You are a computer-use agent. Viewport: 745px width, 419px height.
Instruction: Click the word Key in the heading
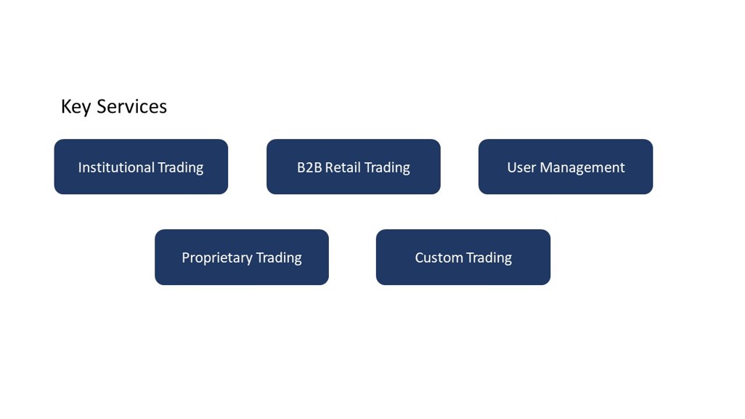coord(76,107)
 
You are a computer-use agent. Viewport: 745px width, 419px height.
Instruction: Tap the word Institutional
coord(116,167)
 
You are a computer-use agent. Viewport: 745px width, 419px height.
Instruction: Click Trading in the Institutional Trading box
coord(181,168)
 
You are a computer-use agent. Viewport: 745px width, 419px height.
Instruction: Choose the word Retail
coord(343,167)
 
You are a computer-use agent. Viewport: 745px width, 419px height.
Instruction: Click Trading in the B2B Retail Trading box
coord(387,168)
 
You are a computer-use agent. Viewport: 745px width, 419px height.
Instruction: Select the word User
coord(521,167)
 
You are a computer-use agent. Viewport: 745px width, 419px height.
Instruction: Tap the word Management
coord(582,168)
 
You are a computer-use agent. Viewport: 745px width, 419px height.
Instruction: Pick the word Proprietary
coord(216,258)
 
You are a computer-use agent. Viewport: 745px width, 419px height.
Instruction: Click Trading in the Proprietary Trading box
coord(279,258)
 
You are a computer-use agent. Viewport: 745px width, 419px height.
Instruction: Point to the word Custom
coord(439,258)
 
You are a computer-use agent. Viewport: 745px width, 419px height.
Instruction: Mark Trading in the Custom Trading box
coord(489,258)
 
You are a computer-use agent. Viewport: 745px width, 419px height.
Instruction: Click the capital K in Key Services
coord(66,107)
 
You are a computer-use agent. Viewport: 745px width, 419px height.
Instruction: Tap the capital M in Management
coord(546,167)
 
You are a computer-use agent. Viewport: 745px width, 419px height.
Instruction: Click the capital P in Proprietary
coord(185,258)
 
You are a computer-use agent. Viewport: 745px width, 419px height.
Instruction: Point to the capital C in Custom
coord(419,258)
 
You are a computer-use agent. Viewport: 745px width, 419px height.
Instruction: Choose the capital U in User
coord(511,167)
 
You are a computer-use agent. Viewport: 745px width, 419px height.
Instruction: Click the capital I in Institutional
coord(80,167)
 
